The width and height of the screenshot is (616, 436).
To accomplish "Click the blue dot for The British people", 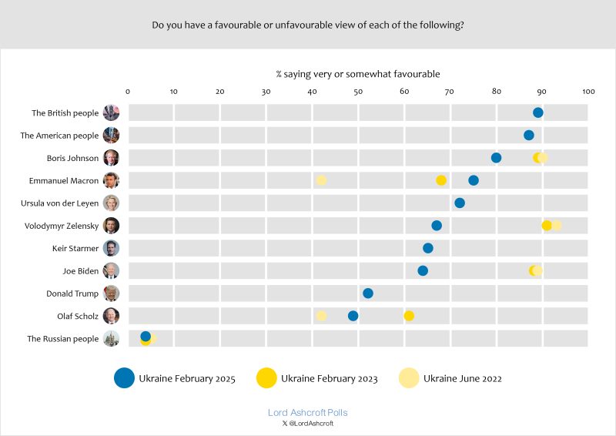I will pyautogui.click(x=537, y=113).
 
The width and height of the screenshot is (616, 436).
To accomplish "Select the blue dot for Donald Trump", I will pyautogui.click(x=368, y=293).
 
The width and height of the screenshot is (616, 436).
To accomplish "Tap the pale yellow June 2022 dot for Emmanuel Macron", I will pyautogui.click(x=321, y=180).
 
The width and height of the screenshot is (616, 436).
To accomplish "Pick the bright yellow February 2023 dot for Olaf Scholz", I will pyautogui.click(x=409, y=316).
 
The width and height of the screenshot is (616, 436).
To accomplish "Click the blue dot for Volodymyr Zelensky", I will pyautogui.click(x=437, y=226).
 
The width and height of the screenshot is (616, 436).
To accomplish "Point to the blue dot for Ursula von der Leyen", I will pyautogui.click(x=460, y=203).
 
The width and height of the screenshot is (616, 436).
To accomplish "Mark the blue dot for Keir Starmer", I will pyautogui.click(x=428, y=248).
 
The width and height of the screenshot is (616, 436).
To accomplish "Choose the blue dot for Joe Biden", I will pyautogui.click(x=423, y=271).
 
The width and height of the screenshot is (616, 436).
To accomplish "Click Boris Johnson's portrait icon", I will pyautogui.click(x=112, y=158).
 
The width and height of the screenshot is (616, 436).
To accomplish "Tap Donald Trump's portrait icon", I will pyautogui.click(x=112, y=293).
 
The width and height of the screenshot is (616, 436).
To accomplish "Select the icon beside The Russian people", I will pyautogui.click(x=112, y=338).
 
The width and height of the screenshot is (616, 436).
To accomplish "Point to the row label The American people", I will pyautogui.click(x=60, y=136).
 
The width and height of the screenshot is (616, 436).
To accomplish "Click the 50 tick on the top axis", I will pyautogui.click(x=358, y=92).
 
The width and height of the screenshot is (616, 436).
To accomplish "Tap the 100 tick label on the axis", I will pyautogui.click(x=589, y=92).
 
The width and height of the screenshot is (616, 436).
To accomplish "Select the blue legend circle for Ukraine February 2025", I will pyautogui.click(x=124, y=378).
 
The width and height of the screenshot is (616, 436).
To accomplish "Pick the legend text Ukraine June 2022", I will pyautogui.click(x=463, y=378).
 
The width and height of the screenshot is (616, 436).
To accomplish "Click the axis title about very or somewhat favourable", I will pyautogui.click(x=358, y=74).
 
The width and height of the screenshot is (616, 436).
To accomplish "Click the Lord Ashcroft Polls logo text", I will pyautogui.click(x=307, y=413).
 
